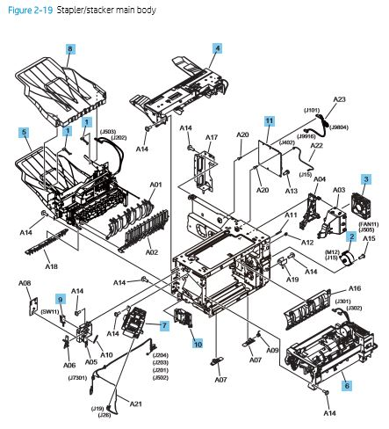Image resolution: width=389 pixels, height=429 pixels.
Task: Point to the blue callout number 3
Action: click(364, 180)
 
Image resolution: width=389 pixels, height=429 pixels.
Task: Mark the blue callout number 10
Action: click(197, 344)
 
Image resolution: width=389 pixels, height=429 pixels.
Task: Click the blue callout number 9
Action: click(61, 299)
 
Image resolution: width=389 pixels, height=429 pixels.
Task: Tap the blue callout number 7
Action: click(164, 325)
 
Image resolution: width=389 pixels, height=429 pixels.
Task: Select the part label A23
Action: click(341, 100)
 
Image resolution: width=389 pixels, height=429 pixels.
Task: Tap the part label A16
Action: click(355, 289)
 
